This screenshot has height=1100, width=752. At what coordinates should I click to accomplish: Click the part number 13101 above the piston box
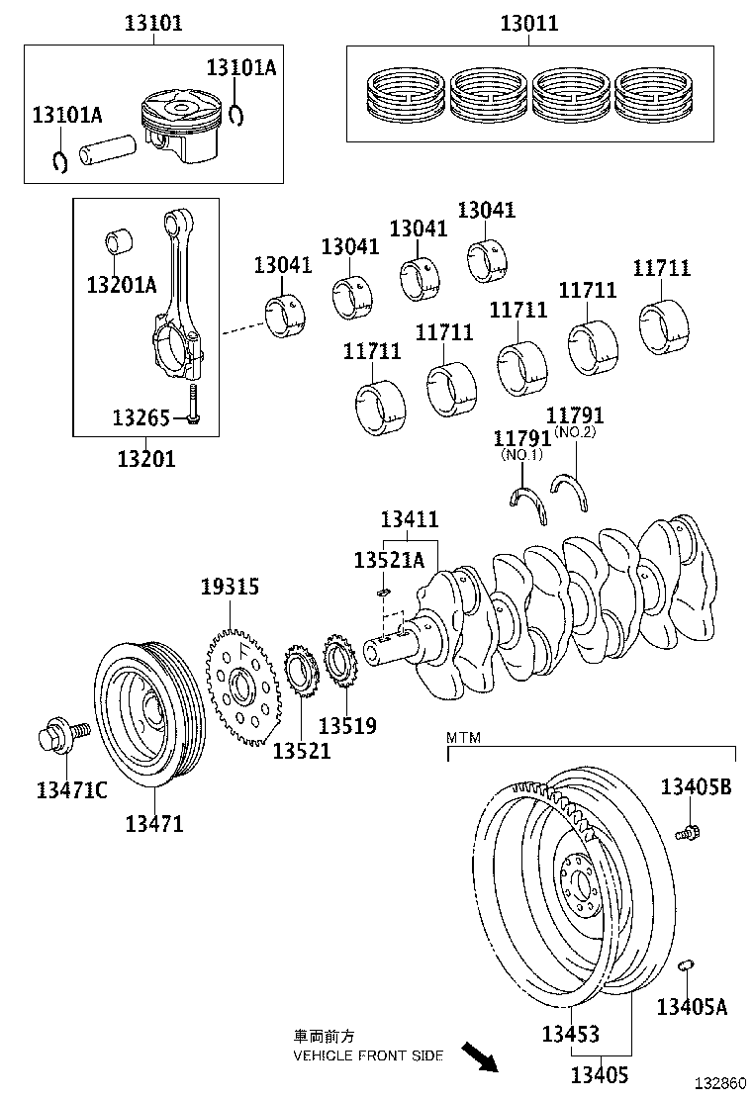click(152, 23)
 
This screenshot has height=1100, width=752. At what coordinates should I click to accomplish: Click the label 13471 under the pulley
click(153, 823)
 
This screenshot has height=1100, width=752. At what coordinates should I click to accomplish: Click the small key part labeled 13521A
click(384, 592)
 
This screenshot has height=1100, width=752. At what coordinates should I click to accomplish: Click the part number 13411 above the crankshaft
click(410, 519)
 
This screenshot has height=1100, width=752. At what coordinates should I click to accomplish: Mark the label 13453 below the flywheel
click(570, 1034)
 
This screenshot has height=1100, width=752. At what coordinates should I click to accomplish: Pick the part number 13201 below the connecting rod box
click(146, 458)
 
